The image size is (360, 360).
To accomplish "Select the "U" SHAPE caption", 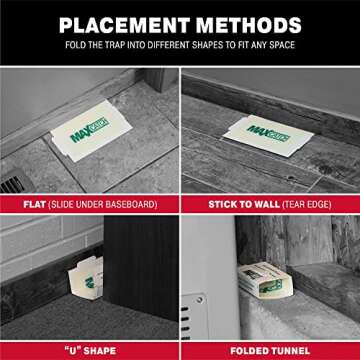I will tap(90, 350).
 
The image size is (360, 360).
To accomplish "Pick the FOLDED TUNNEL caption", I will tap(270, 350).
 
